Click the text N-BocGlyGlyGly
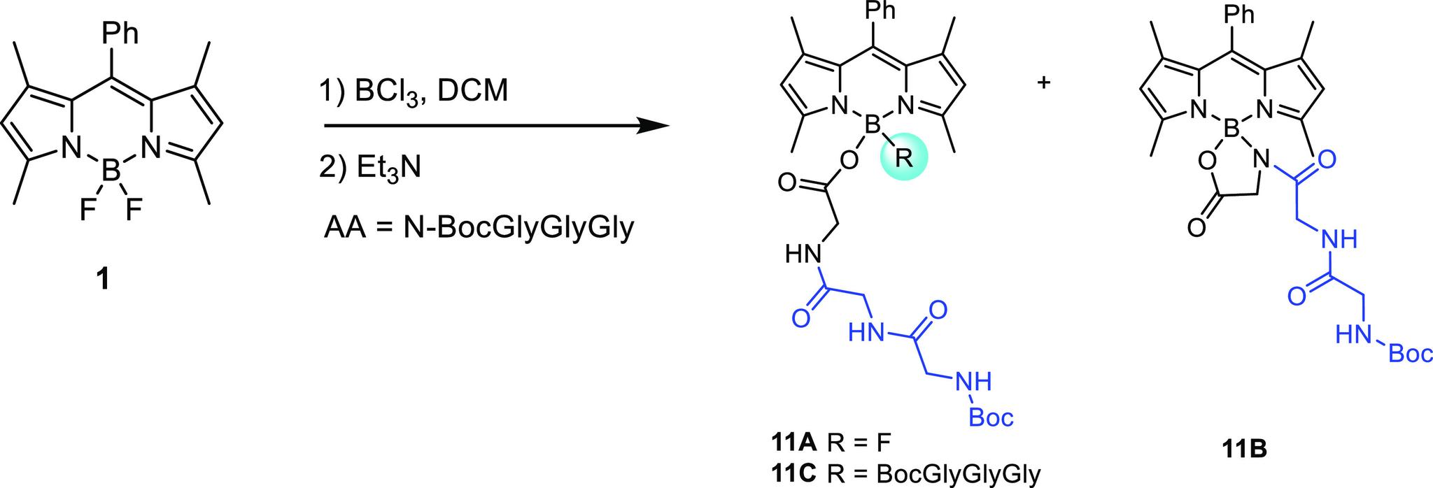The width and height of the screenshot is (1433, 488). point(518,228)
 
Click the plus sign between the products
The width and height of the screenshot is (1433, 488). point(1043,82)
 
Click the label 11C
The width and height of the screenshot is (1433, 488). point(793,473)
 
